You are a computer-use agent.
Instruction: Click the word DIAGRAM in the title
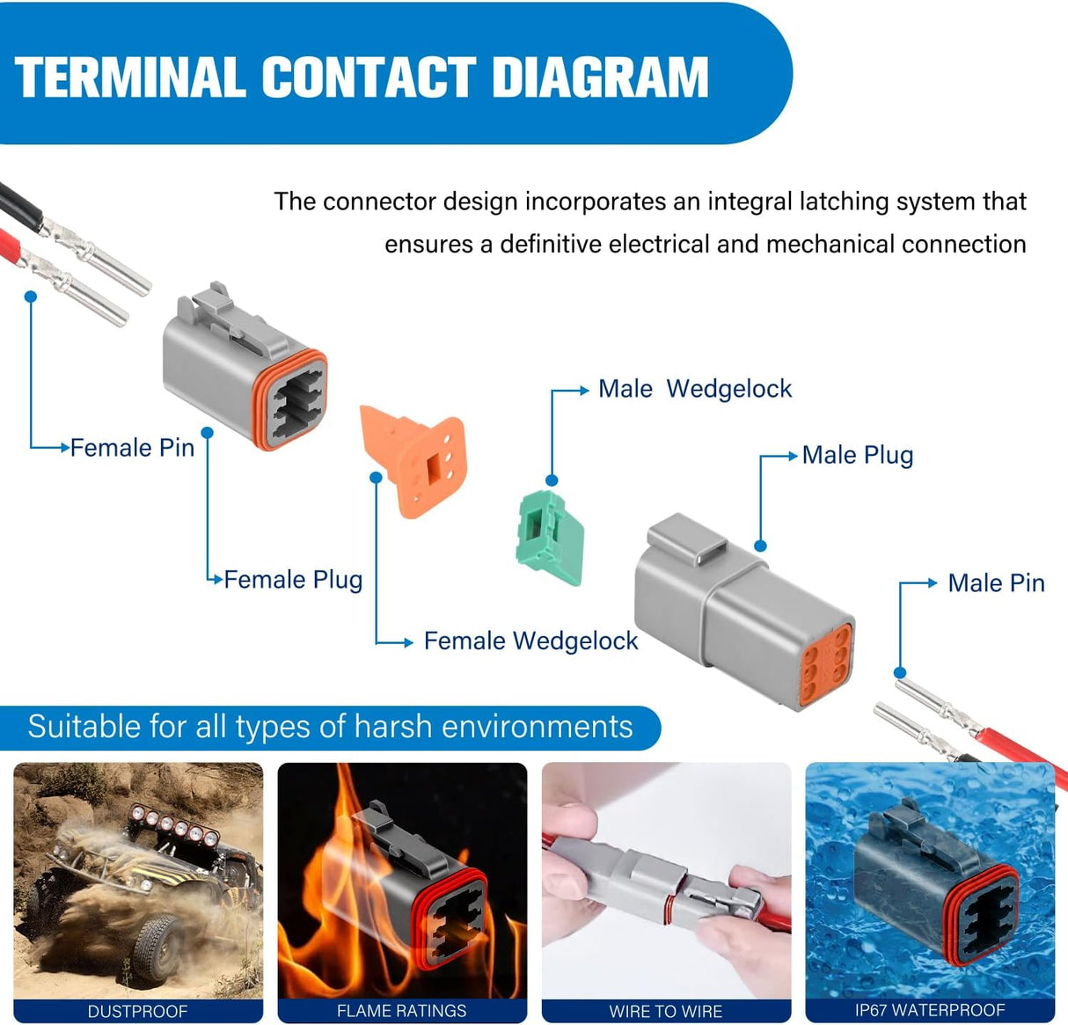[600, 77]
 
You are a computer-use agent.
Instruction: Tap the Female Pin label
[132, 448]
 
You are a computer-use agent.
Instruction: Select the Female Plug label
[293, 580]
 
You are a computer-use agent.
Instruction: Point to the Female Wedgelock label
[530, 641]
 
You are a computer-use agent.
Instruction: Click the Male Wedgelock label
[695, 389]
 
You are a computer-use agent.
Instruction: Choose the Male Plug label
[858, 456]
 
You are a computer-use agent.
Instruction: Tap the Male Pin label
[996, 583]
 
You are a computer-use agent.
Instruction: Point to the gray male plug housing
[739, 607]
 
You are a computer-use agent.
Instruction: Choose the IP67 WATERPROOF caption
[930, 1011]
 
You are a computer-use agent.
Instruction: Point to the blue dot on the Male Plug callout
[760, 546]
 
